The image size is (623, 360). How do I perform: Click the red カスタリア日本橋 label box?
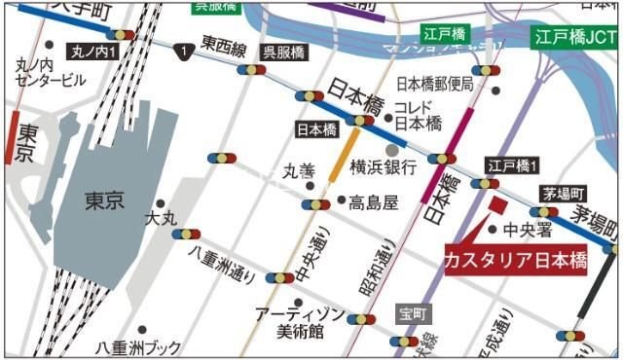pos(514,261)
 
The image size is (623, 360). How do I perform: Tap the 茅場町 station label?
pos(566,191)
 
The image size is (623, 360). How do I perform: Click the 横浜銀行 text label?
pos(384,166)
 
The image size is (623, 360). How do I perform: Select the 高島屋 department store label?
pos(376,202)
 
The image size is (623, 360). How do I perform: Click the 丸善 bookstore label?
pos(299,172)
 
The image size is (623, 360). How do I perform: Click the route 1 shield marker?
pos(181,49)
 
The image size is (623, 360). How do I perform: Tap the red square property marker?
pos(497,205)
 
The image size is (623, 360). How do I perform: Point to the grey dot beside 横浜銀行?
pos(391,149)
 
